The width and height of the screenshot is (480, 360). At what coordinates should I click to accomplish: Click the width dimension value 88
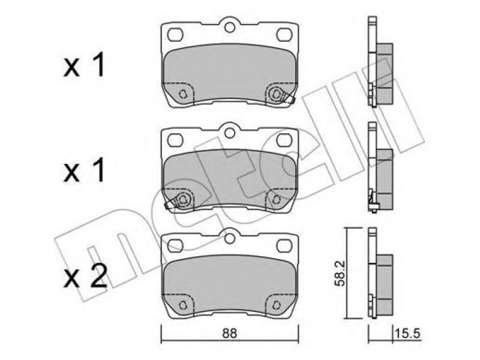point(229,334)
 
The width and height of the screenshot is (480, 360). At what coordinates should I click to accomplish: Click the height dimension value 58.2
point(340,274)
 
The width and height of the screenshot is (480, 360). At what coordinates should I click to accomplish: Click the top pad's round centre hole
point(229,27)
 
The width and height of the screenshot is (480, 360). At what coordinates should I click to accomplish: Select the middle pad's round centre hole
point(229,133)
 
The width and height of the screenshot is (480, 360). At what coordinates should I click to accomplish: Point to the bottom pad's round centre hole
point(229,238)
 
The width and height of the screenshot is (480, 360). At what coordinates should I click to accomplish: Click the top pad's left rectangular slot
point(175,34)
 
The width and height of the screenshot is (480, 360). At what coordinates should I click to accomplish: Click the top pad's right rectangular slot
point(284,34)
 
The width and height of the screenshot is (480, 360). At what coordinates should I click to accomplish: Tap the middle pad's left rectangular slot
point(175,140)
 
